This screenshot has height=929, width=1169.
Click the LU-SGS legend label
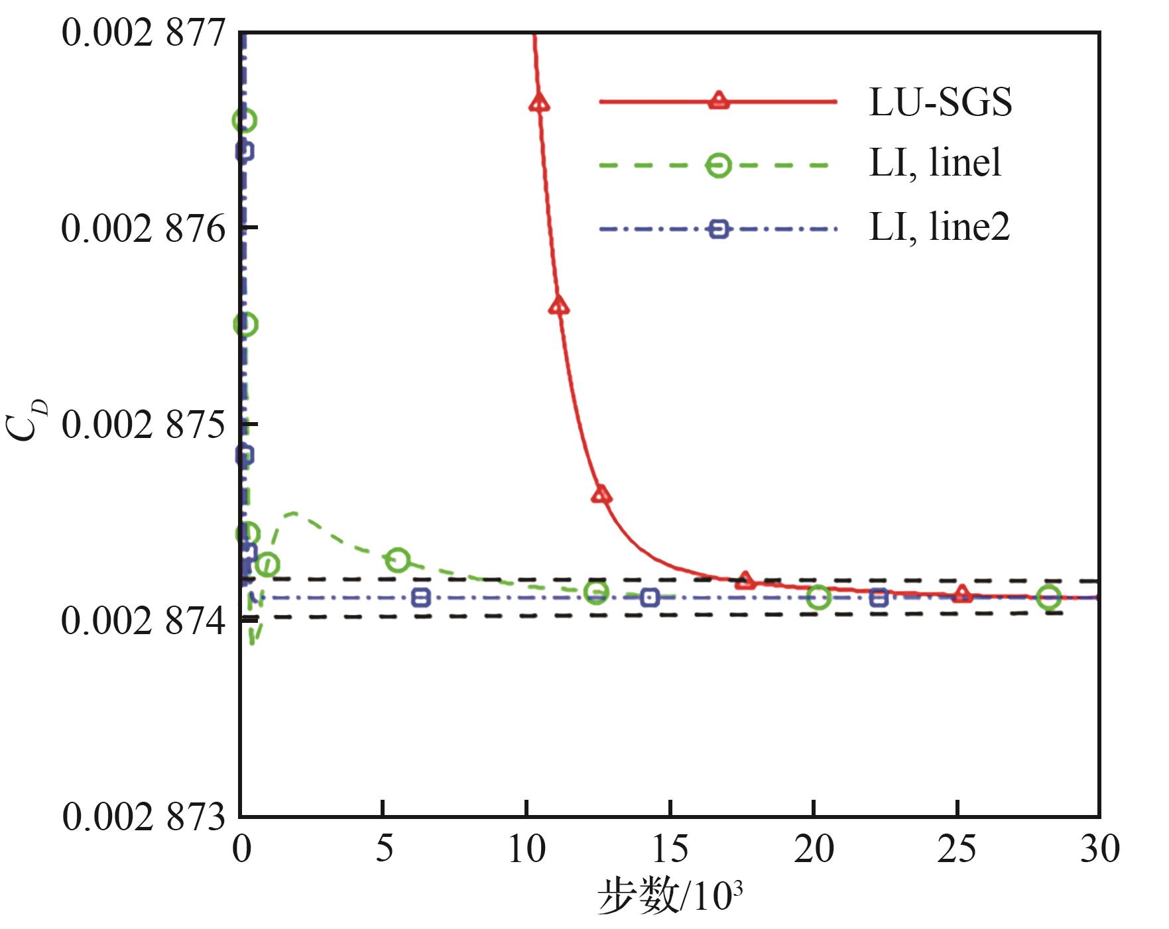pos(940,103)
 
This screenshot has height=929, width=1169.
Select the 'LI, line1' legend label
pos(935,164)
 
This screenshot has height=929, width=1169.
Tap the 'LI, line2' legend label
pos(939,227)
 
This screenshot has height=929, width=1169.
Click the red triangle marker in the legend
pos(718,101)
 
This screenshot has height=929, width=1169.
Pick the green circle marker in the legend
pos(718,165)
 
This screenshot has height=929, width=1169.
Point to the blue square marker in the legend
pos(718,229)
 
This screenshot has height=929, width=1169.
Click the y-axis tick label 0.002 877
pos(144,33)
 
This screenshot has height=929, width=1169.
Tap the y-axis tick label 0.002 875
pos(144,425)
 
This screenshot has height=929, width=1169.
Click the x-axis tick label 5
pos(384,849)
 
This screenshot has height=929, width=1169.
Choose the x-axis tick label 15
pos(670,849)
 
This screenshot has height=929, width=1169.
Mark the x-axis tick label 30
pos(1099,849)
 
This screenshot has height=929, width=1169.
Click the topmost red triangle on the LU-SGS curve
pos(539,103)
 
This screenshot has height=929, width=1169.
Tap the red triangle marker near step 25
pos(962,594)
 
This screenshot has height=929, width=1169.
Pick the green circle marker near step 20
pos(819,597)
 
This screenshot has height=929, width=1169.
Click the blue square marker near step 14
pos(650,597)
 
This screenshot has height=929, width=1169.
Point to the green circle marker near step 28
pos(1049,597)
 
